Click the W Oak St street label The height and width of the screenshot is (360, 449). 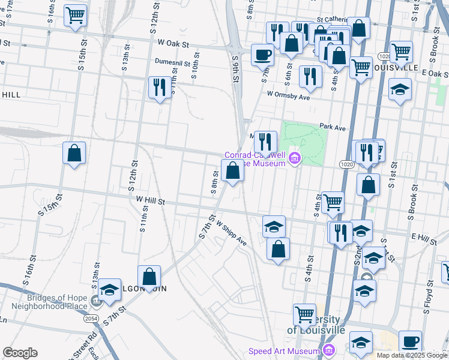pos(173,44)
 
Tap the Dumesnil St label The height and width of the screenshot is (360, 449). pos(172,62)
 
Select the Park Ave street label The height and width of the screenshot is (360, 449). pos(333,127)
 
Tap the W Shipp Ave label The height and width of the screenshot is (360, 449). pos(232,233)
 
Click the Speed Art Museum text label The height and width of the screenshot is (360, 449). pos(285,351)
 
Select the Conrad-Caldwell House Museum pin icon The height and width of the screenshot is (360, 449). pos(295,159)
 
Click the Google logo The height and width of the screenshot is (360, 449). pos(20,353)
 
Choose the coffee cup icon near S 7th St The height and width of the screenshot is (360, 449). pos(263,55)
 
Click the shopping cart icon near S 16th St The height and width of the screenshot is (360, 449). pos(75,15)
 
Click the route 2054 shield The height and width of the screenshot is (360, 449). pos(91,319)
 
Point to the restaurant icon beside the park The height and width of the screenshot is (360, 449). pos(265,142)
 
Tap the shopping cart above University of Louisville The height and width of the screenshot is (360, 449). pos(304,314)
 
